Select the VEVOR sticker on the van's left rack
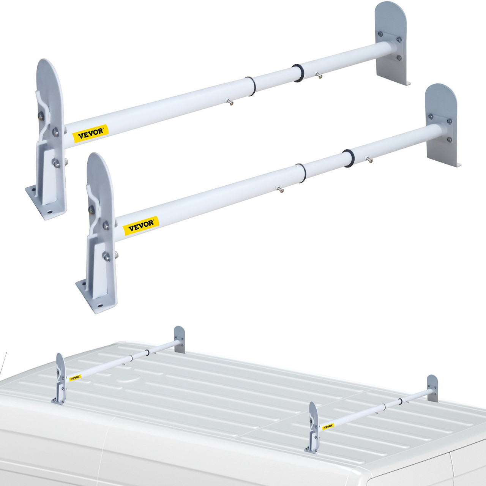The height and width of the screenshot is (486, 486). click(x=75, y=377)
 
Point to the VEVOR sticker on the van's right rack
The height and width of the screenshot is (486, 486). click(x=328, y=426)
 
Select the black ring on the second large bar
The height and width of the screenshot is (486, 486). click(x=347, y=158)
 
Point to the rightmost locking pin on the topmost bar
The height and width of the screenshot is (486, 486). click(x=319, y=76)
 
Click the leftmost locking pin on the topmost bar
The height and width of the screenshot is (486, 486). click(x=230, y=101)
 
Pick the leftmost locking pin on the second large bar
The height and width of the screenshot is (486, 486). click(x=280, y=188)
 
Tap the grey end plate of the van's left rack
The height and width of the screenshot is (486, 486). click(x=180, y=339)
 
